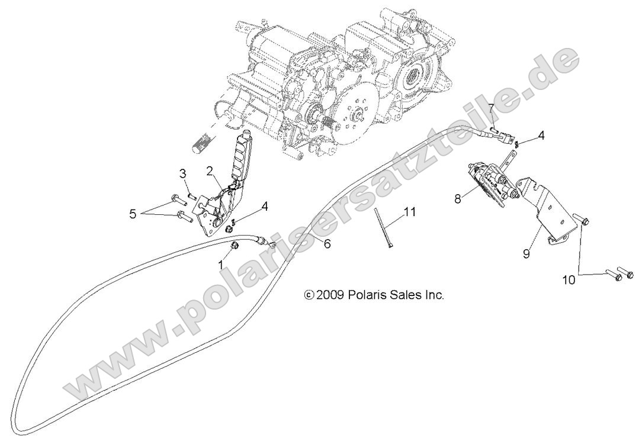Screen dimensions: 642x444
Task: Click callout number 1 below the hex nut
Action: click(221, 266)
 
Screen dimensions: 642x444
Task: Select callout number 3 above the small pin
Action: click(184, 173)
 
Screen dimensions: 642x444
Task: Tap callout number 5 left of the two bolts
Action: click(133, 213)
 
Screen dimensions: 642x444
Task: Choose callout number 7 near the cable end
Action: click(491, 108)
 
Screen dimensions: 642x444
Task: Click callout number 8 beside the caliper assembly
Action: click(458, 200)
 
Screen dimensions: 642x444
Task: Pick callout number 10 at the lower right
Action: click(569, 280)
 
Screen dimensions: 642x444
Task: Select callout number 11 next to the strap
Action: click(411, 211)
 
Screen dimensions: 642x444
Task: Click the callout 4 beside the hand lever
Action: click(265, 206)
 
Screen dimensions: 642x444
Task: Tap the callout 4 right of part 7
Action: click(541, 136)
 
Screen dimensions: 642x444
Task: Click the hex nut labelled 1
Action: click(234, 245)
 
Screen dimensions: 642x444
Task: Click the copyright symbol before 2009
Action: click(308, 295)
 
